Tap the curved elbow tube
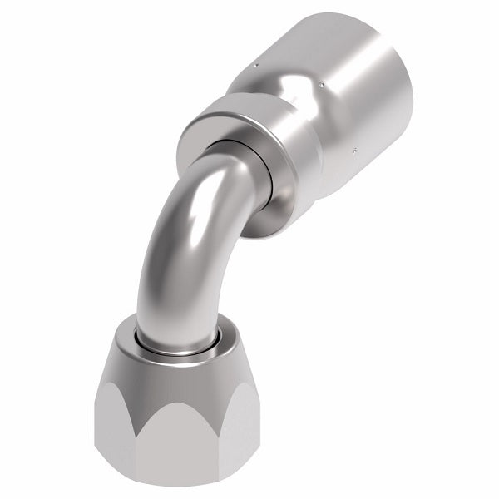[x=179, y=249]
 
